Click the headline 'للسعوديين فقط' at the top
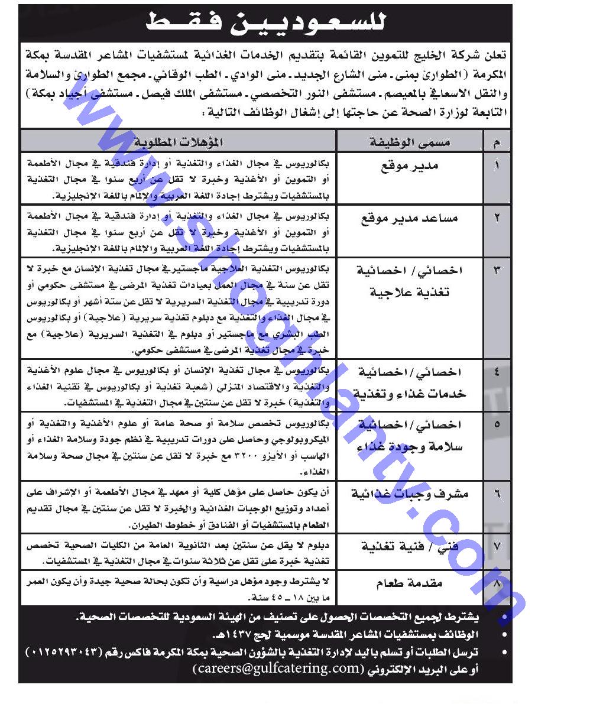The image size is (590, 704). (266, 23)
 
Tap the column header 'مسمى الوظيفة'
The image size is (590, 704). (410, 142)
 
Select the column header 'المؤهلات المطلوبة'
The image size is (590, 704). (178, 142)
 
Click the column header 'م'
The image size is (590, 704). (496, 142)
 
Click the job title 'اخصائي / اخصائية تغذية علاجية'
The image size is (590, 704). (410, 281)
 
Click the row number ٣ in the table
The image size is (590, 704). (497, 271)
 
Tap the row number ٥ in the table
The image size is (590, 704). (497, 424)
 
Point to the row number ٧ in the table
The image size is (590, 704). (497, 546)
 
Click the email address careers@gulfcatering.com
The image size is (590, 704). (275, 668)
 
